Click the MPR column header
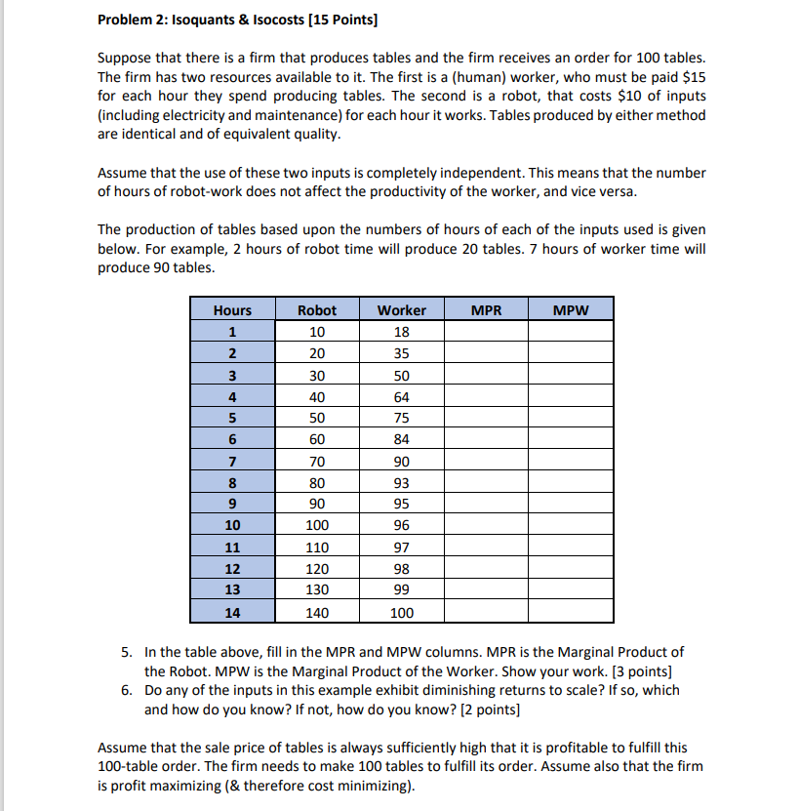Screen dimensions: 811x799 pyautogui.click(x=486, y=310)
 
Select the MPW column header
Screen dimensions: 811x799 pyautogui.click(x=571, y=310)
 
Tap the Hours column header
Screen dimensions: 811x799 pyautogui.click(x=232, y=310)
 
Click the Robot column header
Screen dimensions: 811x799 pyautogui.click(x=317, y=310)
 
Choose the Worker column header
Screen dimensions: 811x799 pyautogui.click(x=401, y=310)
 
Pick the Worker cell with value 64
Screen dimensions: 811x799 pyautogui.click(x=401, y=397)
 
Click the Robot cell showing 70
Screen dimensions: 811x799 pyautogui.click(x=317, y=462)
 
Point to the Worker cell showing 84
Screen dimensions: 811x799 pyautogui.click(x=401, y=440)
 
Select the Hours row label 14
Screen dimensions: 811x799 pyautogui.click(x=232, y=613)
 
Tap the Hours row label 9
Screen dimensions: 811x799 pyautogui.click(x=232, y=505)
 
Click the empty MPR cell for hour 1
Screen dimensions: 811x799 pyautogui.click(x=486, y=332)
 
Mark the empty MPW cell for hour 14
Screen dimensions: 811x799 pyautogui.click(x=571, y=613)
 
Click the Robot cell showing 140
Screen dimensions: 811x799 pyautogui.click(x=317, y=613)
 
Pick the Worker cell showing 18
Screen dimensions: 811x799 pyautogui.click(x=401, y=332)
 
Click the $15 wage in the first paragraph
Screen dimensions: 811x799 pyautogui.click(x=693, y=77)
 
